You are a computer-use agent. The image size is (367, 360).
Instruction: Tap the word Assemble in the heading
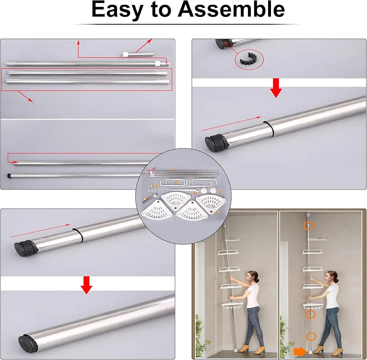(231, 9)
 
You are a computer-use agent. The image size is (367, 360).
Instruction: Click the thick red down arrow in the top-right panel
(276, 88)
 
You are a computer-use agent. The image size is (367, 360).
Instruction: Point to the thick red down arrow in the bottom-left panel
(86, 285)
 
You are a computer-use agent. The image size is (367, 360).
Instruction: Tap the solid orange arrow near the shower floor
(300, 351)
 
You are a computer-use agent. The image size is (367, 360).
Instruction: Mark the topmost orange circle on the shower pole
(308, 225)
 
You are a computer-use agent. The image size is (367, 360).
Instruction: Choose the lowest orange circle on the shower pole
(311, 337)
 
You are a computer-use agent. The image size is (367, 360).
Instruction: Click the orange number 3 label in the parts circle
(171, 169)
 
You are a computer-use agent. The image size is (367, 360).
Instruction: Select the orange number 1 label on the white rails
(176, 182)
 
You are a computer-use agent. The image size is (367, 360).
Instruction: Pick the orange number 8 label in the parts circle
(145, 199)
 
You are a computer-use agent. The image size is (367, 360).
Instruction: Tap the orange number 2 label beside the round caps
(219, 191)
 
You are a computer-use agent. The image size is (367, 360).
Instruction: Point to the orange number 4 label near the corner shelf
(218, 212)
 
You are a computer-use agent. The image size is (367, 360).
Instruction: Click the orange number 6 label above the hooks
(151, 186)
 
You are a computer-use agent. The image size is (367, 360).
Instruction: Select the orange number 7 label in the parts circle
(195, 193)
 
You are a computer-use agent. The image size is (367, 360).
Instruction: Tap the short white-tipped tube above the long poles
(138, 54)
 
